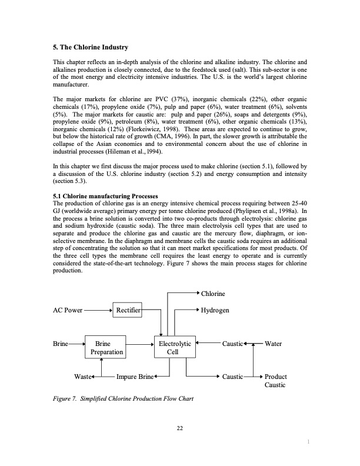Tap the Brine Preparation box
coord(106,347)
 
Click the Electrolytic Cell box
coord(172,347)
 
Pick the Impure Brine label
coord(135,375)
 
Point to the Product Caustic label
coord(275,380)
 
